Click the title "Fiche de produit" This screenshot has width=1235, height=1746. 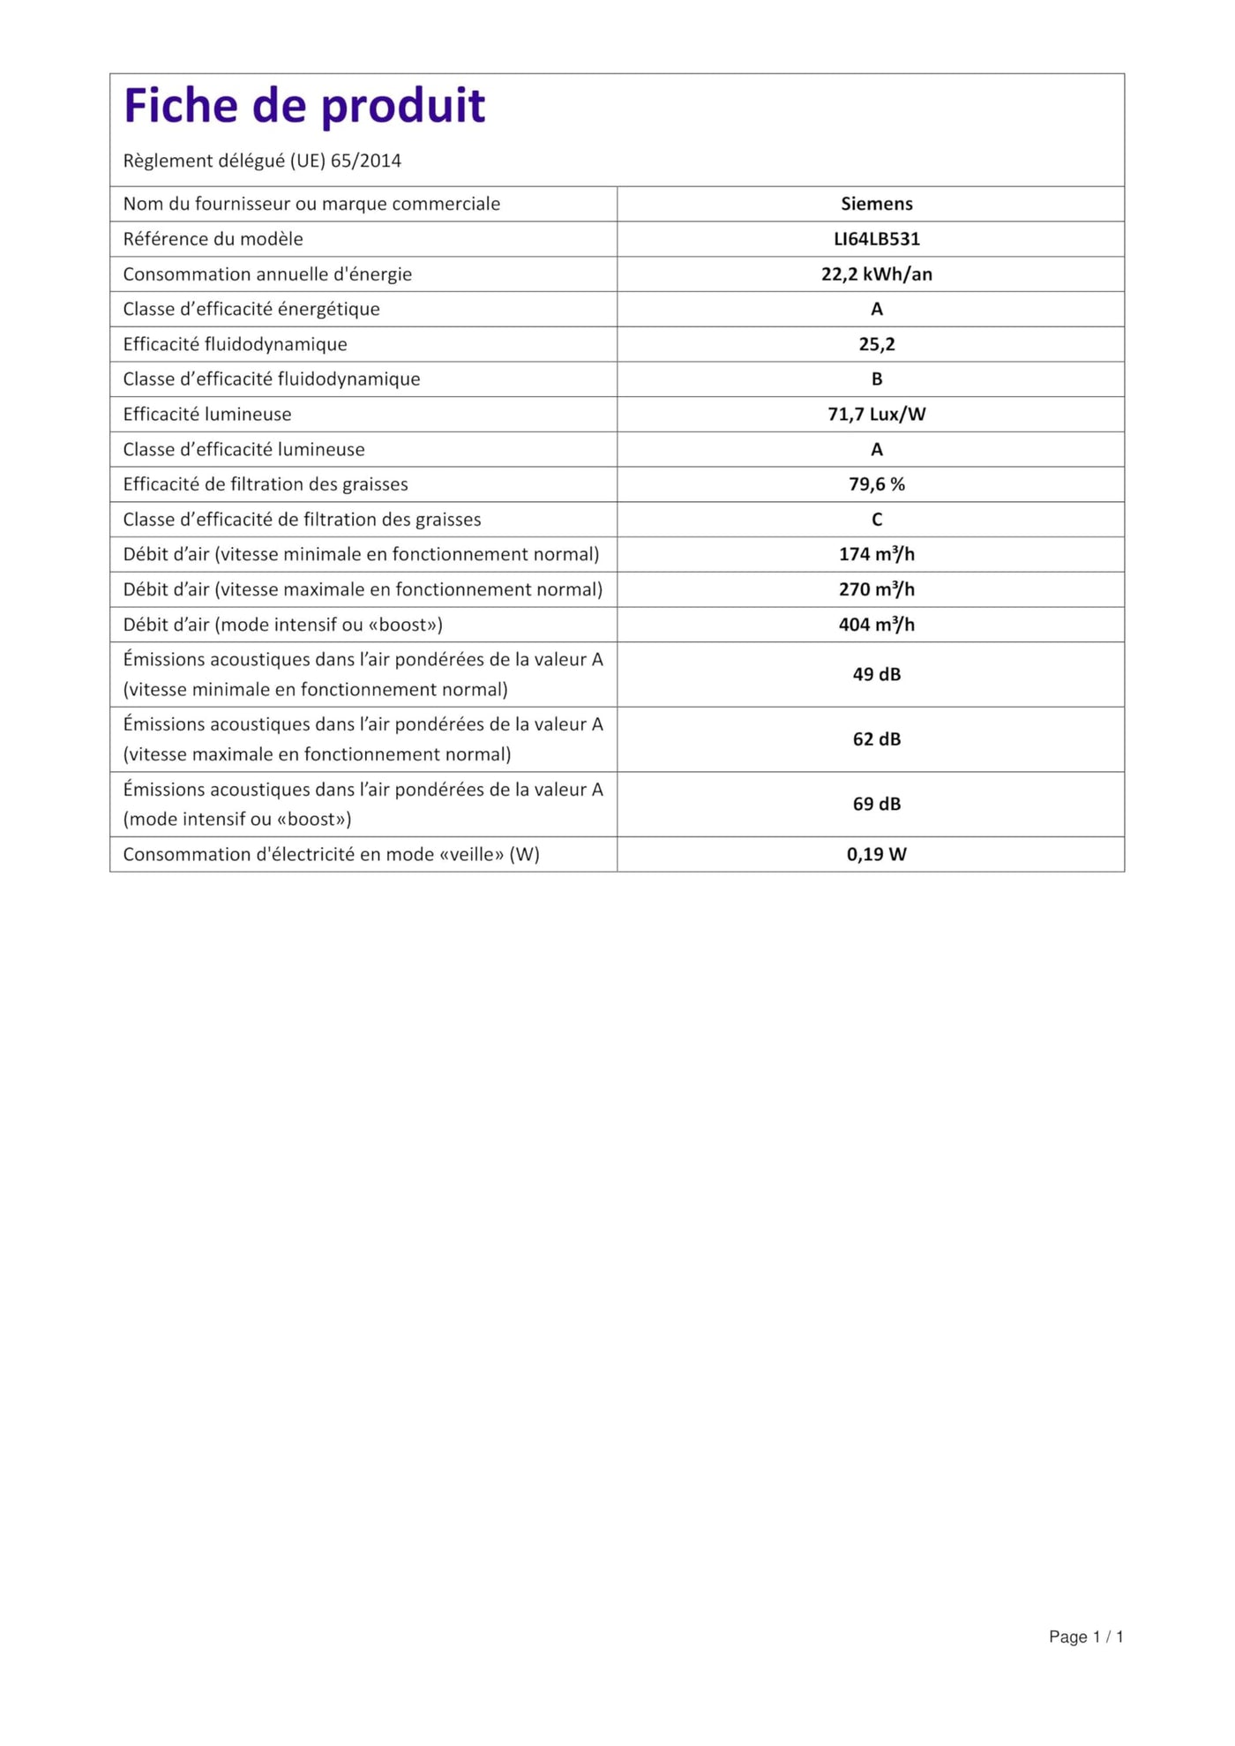click(304, 106)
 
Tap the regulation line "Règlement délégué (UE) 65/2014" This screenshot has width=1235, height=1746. click(262, 161)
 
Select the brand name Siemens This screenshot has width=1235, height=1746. click(876, 204)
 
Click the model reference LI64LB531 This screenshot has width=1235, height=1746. click(876, 239)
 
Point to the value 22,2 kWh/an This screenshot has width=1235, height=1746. click(876, 274)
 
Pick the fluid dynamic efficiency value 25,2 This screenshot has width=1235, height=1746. click(876, 344)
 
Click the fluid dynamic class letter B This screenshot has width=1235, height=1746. click(876, 379)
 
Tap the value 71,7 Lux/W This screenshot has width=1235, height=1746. click(876, 415)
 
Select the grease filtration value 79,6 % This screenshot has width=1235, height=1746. click(876, 484)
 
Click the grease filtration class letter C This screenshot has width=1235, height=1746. click(876, 520)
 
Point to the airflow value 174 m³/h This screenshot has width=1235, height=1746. click(876, 554)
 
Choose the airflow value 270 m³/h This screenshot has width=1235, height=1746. click(876, 589)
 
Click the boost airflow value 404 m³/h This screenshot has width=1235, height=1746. click(876, 625)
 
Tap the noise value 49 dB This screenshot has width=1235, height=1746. click(876, 674)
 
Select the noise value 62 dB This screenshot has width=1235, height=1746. click(876, 739)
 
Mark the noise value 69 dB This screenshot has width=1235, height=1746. click(876, 804)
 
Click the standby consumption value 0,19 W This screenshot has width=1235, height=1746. click(876, 854)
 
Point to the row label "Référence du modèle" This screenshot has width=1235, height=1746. click(213, 239)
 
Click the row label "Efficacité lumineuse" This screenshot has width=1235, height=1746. click(207, 415)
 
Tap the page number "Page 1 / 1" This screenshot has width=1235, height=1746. click(1085, 1637)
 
